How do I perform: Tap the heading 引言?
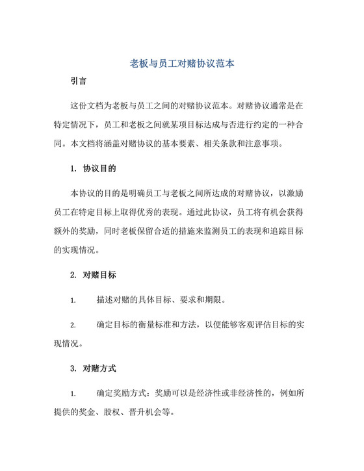80,83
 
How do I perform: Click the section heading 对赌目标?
99,275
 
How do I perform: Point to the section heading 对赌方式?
99,368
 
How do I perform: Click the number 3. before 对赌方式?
73,368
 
